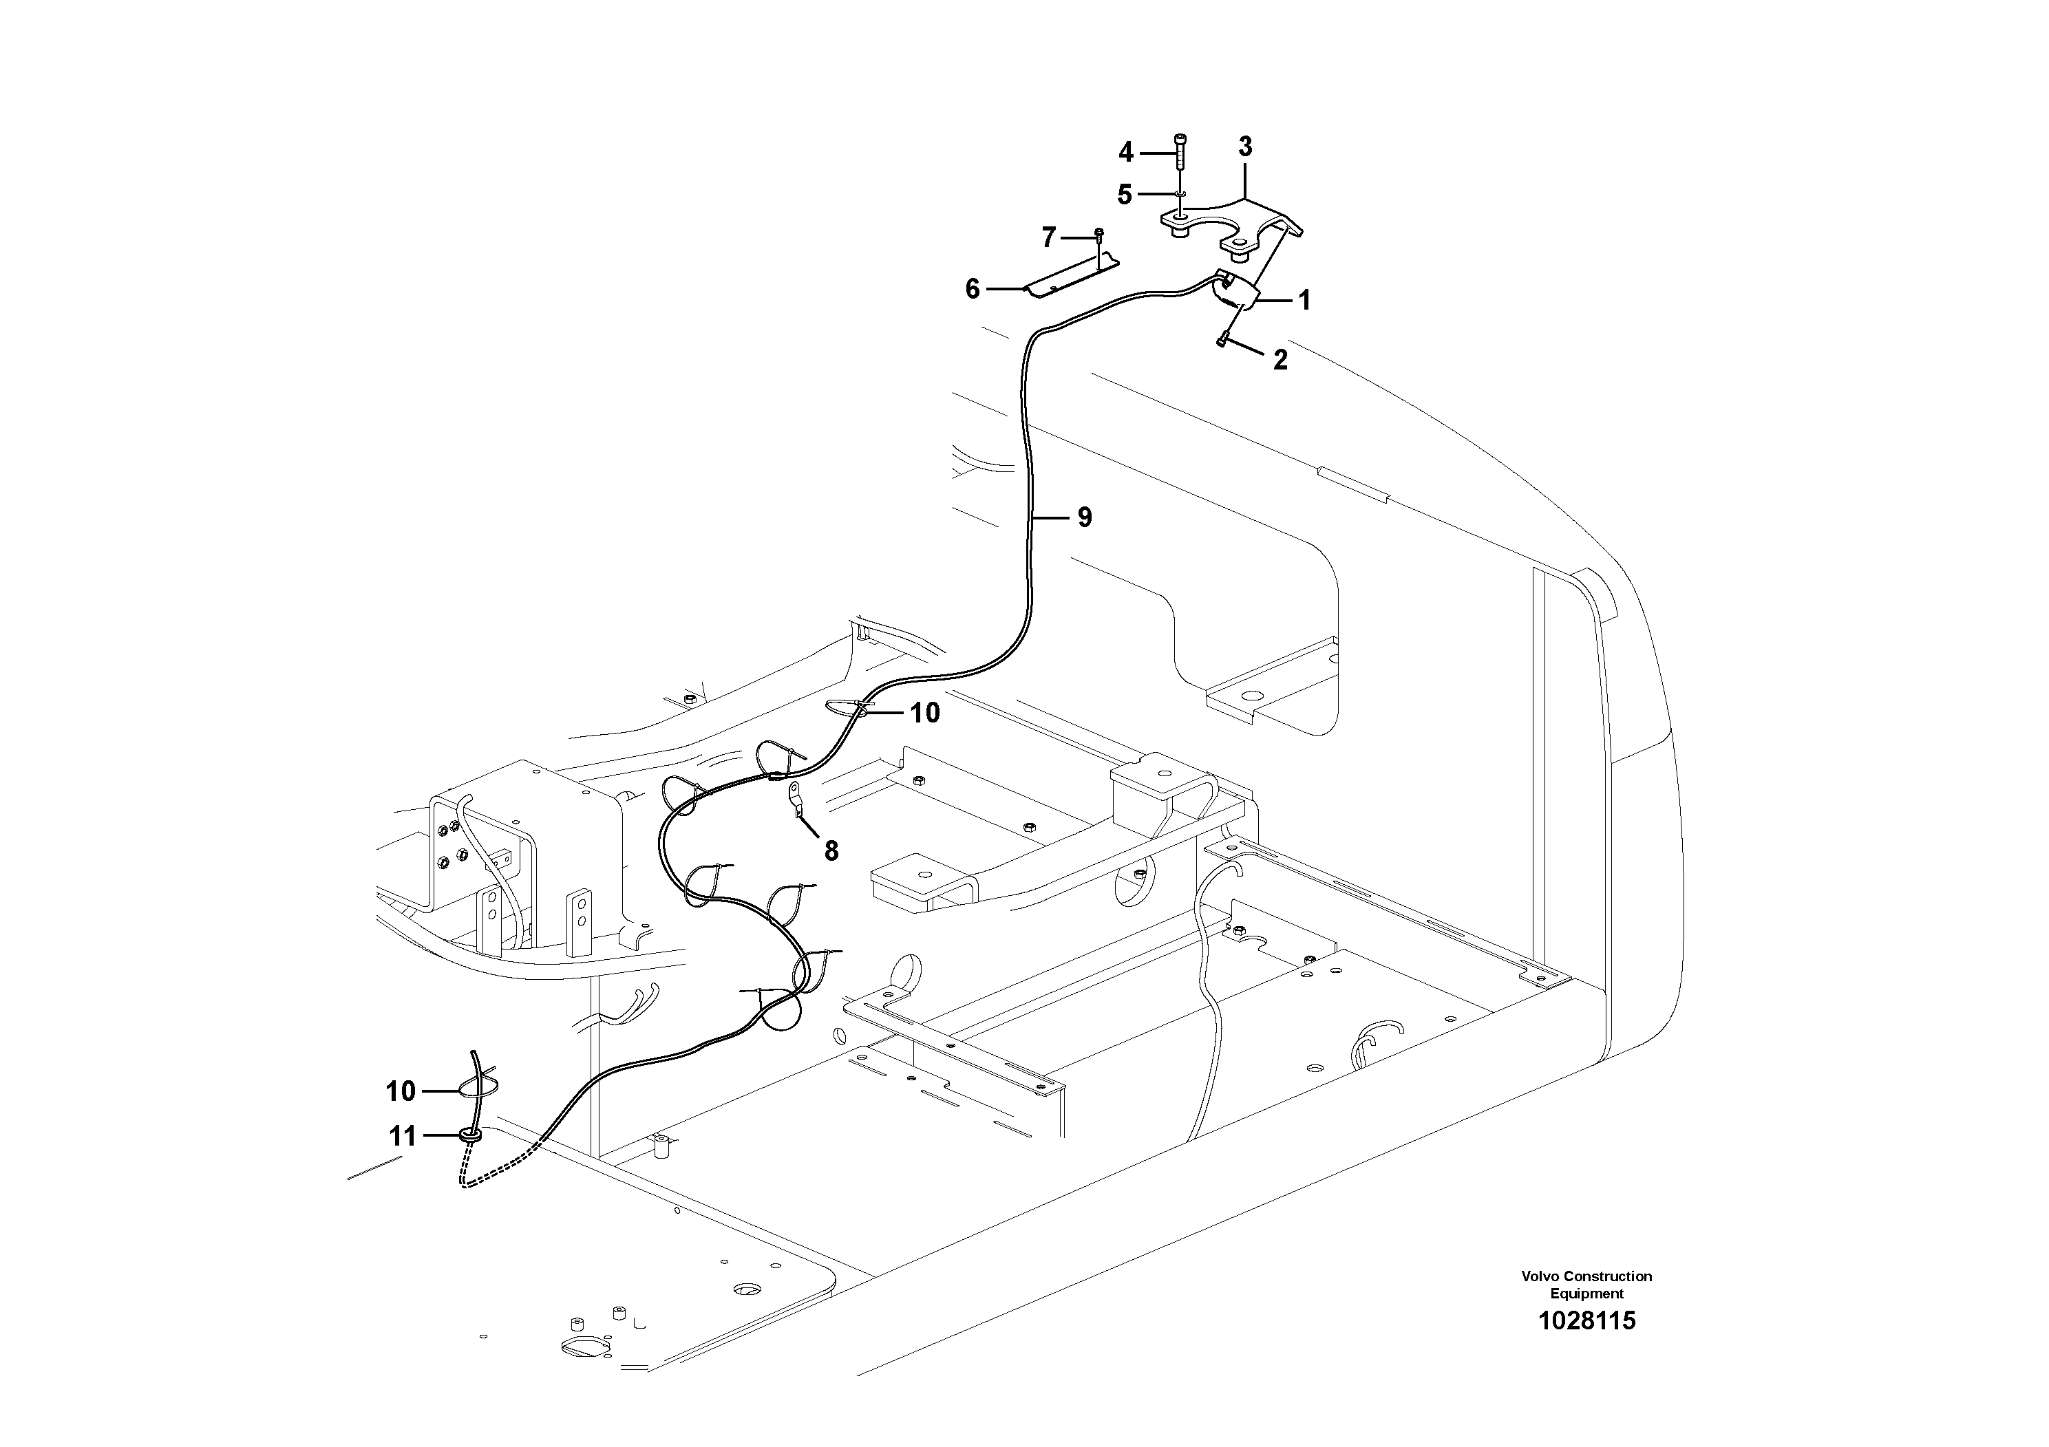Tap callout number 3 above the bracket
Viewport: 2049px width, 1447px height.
1245,147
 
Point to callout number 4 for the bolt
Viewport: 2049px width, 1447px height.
1126,153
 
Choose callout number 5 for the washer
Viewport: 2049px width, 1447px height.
1125,195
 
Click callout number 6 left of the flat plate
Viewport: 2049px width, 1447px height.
973,289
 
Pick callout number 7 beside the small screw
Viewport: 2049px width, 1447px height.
1049,237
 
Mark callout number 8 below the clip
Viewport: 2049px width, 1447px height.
831,852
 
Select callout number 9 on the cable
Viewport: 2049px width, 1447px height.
1084,517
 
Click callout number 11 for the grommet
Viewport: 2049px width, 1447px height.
403,1137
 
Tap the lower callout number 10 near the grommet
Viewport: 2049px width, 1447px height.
401,1091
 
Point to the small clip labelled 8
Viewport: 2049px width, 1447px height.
794,800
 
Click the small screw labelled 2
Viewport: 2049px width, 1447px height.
1224,339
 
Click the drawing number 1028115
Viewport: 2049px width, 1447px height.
1586,1321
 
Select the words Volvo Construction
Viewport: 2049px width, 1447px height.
1586,1276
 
